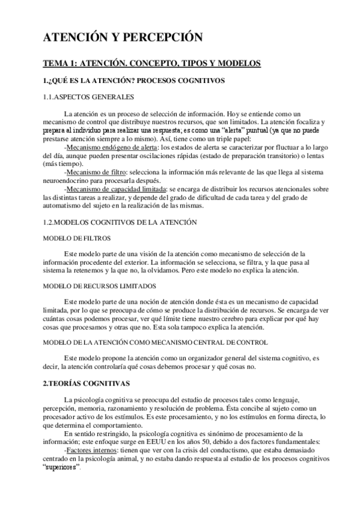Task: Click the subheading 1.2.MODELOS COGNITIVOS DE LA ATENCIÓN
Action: click(120, 222)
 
